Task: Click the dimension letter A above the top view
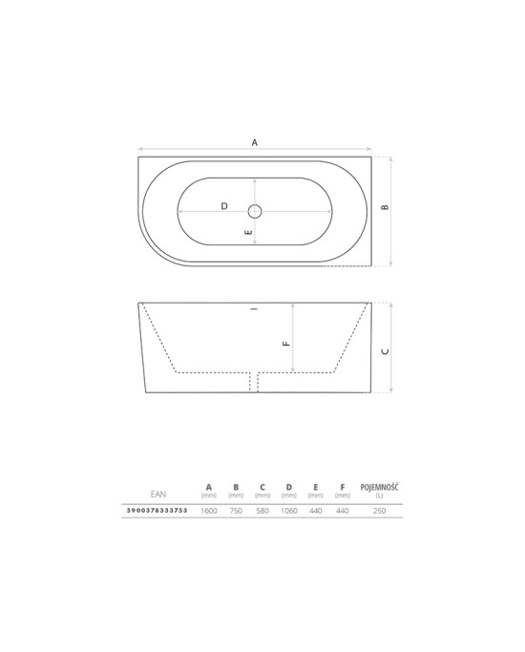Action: click(255, 142)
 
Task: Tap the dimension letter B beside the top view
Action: click(385, 206)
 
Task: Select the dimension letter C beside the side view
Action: click(386, 351)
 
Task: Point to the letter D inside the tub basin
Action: click(224, 206)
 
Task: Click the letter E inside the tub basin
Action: click(248, 232)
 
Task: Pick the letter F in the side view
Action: click(286, 344)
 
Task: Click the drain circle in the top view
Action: click(255, 212)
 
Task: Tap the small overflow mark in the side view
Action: click(255, 309)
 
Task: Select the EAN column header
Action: click(158, 494)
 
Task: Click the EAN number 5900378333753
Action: click(157, 510)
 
